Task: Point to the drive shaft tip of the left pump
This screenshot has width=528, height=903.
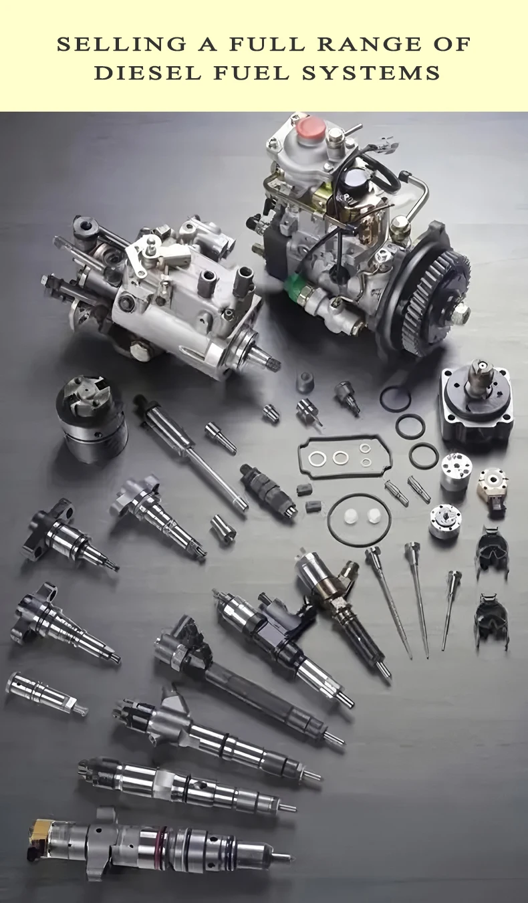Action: coord(274,363)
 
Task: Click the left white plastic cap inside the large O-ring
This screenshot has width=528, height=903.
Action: coord(351,517)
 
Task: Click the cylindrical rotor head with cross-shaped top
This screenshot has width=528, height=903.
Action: coord(92,418)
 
